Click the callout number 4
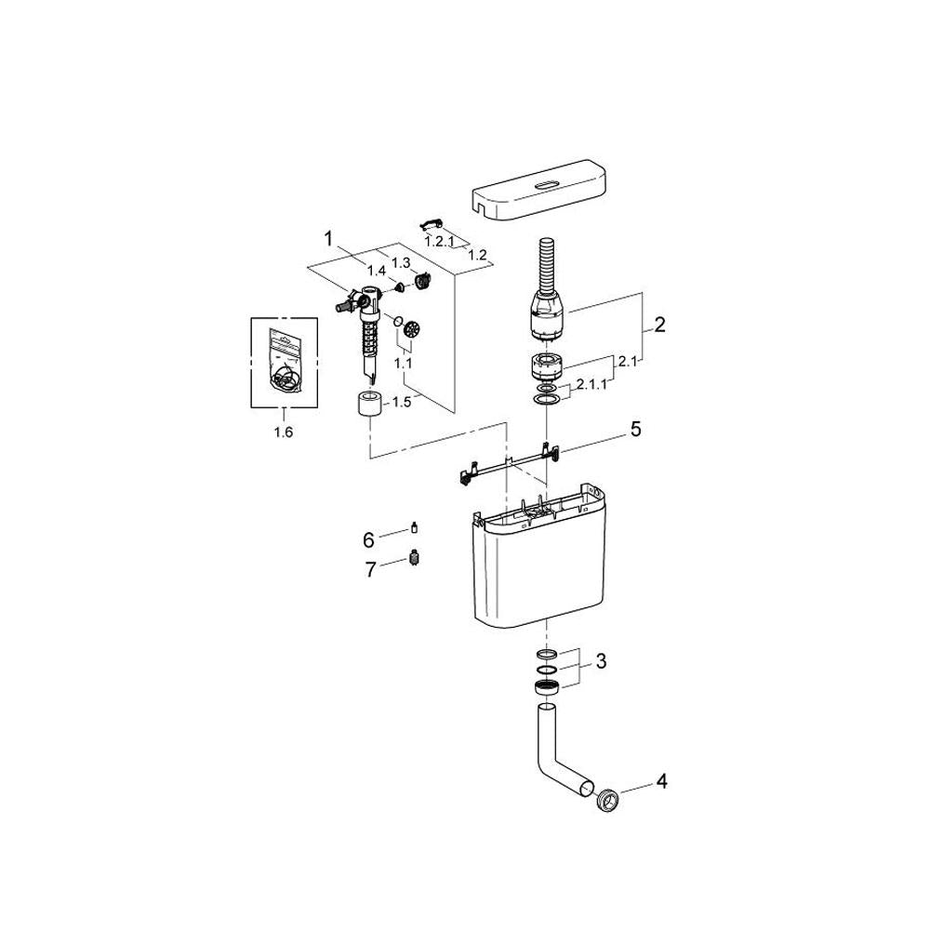[662, 781]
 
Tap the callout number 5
[636, 429]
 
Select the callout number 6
[368, 540]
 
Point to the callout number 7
[370, 570]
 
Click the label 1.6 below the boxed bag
[284, 432]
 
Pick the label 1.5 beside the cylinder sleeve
[402, 402]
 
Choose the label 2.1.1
[591, 384]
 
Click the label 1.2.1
[440, 242]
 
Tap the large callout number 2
[659, 325]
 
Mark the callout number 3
[601, 660]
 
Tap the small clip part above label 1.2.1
[432, 223]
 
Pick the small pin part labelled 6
[414, 527]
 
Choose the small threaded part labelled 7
[414, 558]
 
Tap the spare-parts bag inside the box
[284, 361]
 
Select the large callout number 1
[328, 239]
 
